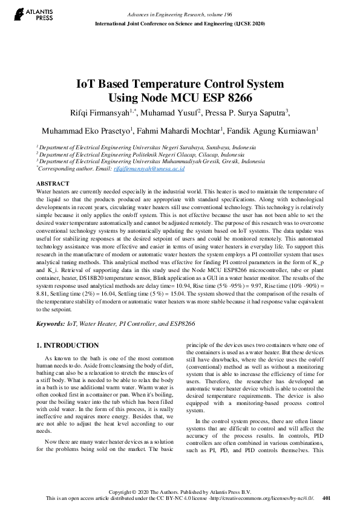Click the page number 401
tap(327, 498)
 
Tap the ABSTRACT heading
tap(53, 183)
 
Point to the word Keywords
tap(50, 324)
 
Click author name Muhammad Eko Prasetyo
tap(87, 131)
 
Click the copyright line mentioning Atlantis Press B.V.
tap(180, 491)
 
